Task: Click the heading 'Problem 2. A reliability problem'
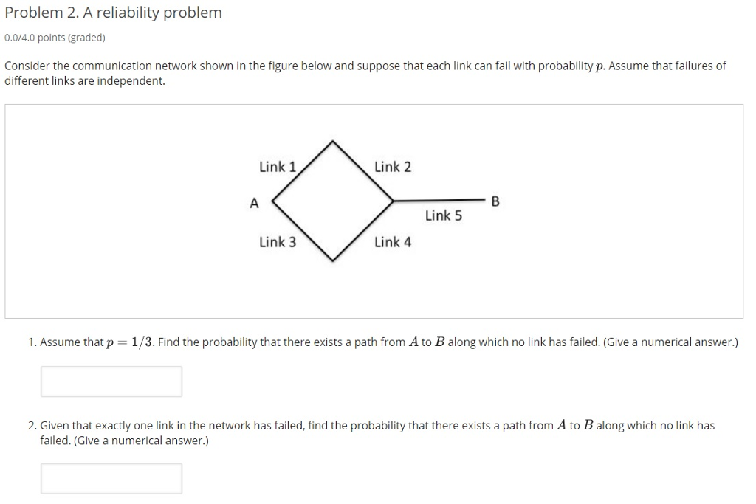point(113,13)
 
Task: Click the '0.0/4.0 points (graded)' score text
point(55,37)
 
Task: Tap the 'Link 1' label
point(277,167)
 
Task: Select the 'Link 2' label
point(393,167)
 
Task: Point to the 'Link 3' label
point(277,242)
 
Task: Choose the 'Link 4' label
point(393,242)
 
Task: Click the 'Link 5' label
point(443,216)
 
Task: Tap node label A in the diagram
point(254,203)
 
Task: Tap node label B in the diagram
point(495,201)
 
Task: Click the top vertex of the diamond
point(333,141)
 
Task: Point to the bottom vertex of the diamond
point(334,260)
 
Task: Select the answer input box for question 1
point(111,382)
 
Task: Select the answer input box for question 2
point(111,478)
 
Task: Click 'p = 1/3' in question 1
point(130,342)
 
